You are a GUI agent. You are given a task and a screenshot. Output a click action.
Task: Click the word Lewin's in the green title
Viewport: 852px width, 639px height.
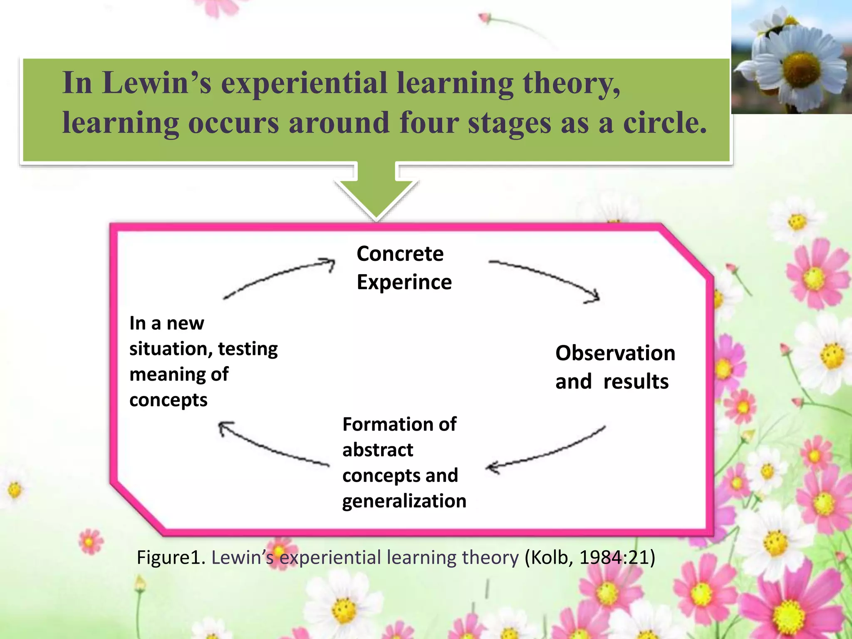[157, 83]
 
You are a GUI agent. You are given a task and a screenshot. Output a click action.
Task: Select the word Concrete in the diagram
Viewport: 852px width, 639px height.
[400, 254]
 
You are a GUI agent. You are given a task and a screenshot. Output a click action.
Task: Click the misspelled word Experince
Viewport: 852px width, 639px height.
[404, 282]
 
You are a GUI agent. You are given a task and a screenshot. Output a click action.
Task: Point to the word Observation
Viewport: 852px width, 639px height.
[615, 353]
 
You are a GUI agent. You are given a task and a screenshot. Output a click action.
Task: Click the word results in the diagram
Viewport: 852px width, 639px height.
[636, 381]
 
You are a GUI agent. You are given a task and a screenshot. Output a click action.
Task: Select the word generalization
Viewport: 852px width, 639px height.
[404, 501]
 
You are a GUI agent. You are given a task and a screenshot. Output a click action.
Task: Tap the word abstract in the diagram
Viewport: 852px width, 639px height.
[378, 450]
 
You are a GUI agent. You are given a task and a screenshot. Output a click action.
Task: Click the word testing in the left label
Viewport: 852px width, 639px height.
[248, 349]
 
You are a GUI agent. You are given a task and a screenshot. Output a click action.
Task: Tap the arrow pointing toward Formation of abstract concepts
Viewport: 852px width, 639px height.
[545, 452]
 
